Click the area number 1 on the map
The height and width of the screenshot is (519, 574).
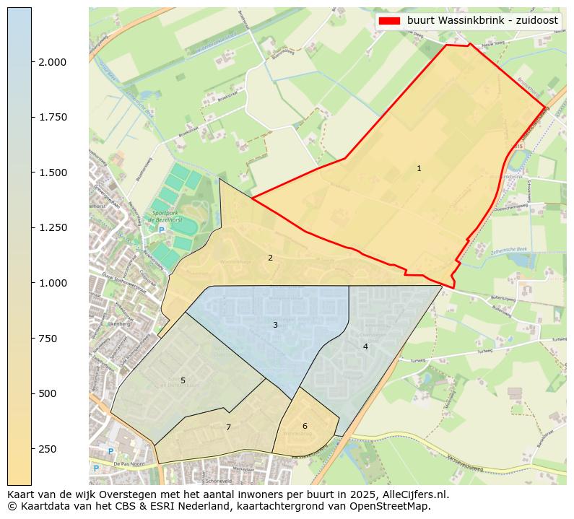pyautogui.click(x=419, y=169)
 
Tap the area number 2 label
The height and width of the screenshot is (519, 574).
pyautogui.click(x=270, y=258)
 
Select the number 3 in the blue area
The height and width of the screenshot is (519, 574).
pyautogui.click(x=275, y=326)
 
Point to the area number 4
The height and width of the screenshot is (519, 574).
pyautogui.click(x=365, y=347)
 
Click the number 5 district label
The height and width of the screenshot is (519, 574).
pyautogui.click(x=183, y=380)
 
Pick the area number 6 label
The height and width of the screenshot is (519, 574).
pyautogui.click(x=305, y=426)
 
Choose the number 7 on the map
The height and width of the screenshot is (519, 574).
pyautogui.click(x=228, y=427)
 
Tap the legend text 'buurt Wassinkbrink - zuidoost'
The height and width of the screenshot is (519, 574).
pyautogui.click(x=482, y=20)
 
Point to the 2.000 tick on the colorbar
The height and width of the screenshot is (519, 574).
pyautogui.click(x=53, y=62)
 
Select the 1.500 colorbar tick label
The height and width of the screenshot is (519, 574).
pyautogui.click(x=53, y=173)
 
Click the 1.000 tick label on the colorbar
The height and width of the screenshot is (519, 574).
pyautogui.click(x=53, y=283)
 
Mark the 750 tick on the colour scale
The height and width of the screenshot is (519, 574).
pyautogui.click(x=48, y=339)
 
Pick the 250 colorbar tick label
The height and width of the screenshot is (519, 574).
pyautogui.click(x=48, y=449)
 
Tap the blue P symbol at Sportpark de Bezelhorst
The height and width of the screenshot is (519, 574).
pyautogui.click(x=162, y=230)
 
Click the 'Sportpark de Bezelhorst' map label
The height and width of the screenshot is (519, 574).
pyautogui.click(x=168, y=217)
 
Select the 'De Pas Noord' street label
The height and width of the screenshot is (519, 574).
pyautogui.click(x=129, y=463)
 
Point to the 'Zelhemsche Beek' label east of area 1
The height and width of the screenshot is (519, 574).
pyautogui.click(x=510, y=250)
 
